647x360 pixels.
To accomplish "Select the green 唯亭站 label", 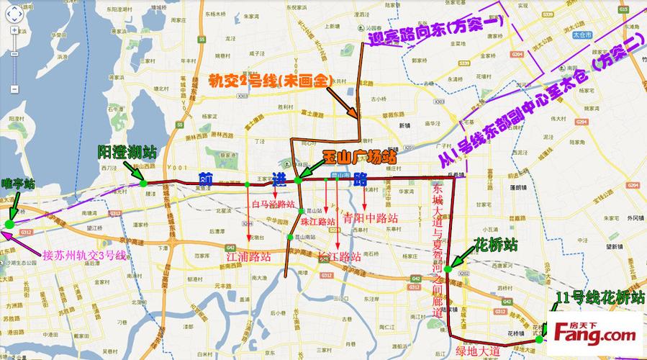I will pyautogui.click(x=18, y=184).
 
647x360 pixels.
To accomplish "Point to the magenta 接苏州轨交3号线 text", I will pyautogui.click(x=84, y=255).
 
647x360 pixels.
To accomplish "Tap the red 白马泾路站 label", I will pyautogui.click(x=274, y=204).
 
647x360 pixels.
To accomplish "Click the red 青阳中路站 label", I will pyautogui.click(x=371, y=217).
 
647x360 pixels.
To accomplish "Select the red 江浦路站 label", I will pyautogui.click(x=248, y=256).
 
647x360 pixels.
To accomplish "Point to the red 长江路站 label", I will pyautogui.click(x=338, y=256).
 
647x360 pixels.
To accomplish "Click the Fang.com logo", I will pyautogui.click(x=594, y=332).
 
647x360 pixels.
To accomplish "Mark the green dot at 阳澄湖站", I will pyautogui.click(x=143, y=183).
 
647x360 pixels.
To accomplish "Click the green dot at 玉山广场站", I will pyautogui.click(x=297, y=179).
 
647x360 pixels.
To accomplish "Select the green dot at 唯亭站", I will pyautogui.click(x=9, y=225).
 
